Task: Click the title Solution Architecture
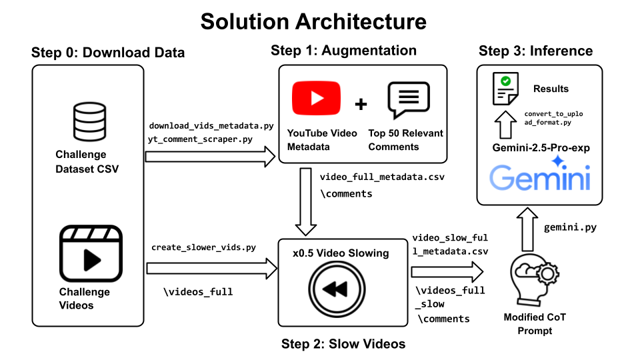point(313,21)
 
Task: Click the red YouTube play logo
point(316,99)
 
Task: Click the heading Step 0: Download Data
point(107,53)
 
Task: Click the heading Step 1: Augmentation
point(343,51)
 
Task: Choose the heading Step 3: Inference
point(535,51)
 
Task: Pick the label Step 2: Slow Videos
point(343,344)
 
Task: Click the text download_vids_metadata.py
point(211,126)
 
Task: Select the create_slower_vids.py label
point(203,247)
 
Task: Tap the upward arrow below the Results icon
point(506,125)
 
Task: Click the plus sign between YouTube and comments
point(361,103)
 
